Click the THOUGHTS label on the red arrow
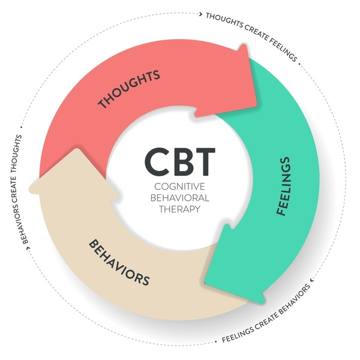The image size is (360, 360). coord(128,89)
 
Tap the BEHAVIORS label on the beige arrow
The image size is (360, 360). coord(119,262)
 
